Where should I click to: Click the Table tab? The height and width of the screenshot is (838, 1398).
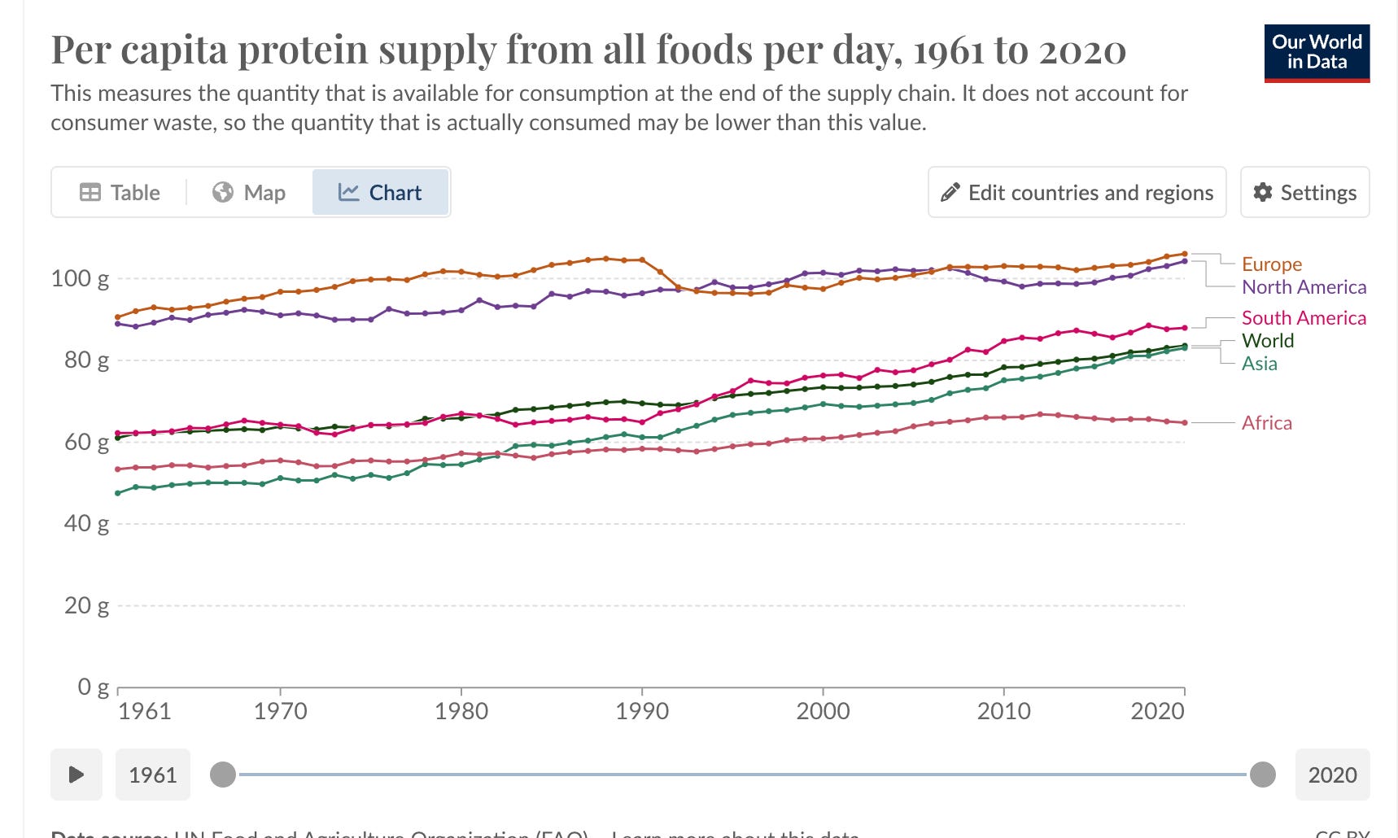pyautogui.click(x=120, y=193)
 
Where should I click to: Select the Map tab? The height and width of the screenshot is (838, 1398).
pyautogui.click(x=249, y=193)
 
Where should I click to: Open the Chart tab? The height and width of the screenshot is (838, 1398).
pyautogui.click(x=380, y=193)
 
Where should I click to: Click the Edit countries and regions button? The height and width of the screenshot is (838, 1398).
pyautogui.click(x=1077, y=193)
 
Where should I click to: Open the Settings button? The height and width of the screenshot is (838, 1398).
pyautogui.click(x=1304, y=193)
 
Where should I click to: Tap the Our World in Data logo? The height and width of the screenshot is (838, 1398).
pyautogui.click(x=1317, y=53)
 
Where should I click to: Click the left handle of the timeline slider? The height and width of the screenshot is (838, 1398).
pyautogui.click(x=223, y=775)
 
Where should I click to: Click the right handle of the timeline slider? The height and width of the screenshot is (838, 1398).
pyautogui.click(x=1262, y=775)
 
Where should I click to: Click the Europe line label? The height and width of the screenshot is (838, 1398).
pyautogui.click(x=1271, y=264)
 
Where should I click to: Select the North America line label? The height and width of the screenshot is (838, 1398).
pyautogui.click(x=1304, y=287)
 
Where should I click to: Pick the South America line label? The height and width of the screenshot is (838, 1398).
pyautogui.click(x=1304, y=318)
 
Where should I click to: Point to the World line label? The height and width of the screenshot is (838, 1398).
pyautogui.click(x=1267, y=341)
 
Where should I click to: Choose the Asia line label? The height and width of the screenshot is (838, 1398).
pyautogui.click(x=1259, y=364)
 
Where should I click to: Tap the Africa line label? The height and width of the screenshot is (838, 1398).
pyautogui.click(x=1266, y=423)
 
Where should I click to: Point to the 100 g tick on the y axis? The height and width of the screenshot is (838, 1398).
pyautogui.click(x=80, y=279)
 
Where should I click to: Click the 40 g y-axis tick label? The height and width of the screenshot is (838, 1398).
pyautogui.click(x=86, y=524)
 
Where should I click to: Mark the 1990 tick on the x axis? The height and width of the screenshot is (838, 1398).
pyautogui.click(x=642, y=711)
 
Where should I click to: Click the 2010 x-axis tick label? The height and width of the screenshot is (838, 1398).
pyautogui.click(x=1003, y=711)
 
